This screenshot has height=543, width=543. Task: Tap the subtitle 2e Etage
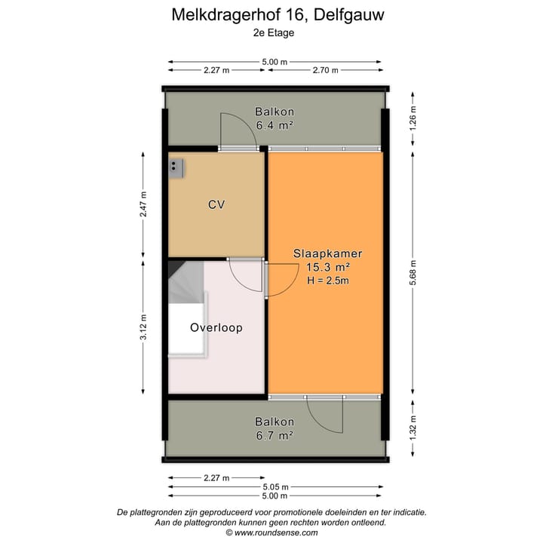tap(273, 32)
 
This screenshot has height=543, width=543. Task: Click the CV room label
tap(216, 204)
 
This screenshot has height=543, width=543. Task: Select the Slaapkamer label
tap(327, 253)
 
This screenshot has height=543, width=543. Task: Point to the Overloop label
tap(216, 328)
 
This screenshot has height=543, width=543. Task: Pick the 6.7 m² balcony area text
tap(274, 435)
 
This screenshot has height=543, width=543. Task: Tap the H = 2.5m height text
tap(327, 281)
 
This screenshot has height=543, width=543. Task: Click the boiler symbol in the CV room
tap(176, 167)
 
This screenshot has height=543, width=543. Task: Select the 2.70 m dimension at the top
tap(326, 70)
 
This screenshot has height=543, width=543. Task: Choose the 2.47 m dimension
tap(143, 204)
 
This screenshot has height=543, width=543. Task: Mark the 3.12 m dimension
tap(143, 328)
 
